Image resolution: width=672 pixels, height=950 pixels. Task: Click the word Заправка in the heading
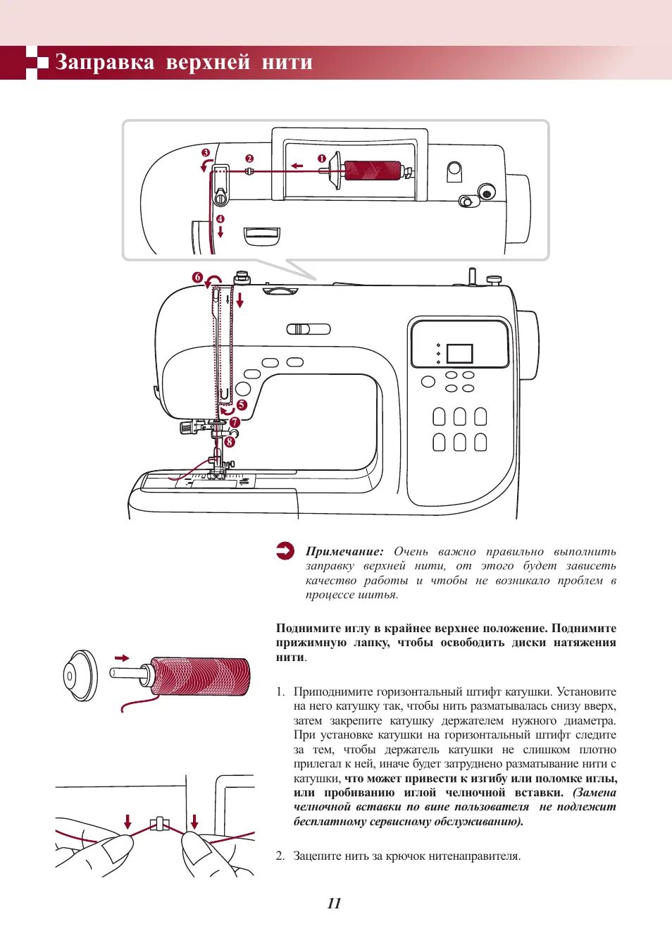click(x=104, y=63)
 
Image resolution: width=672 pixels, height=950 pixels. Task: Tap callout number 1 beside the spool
click(x=321, y=159)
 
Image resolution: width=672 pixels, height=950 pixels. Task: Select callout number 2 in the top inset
click(x=249, y=159)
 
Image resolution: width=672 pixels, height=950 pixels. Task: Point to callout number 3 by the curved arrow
click(x=206, y=153)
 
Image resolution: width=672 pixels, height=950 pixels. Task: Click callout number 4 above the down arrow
click(x=220, y=219)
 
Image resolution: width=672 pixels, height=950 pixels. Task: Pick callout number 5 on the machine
click(x=242, y=405)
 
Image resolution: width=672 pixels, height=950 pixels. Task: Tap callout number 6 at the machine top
click(x=198, y=278)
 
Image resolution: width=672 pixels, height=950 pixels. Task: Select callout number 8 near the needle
click(x=230, y=443)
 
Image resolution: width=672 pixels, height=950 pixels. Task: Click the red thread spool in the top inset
click(x=372, y=171)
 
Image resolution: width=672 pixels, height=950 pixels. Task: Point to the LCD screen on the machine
click(x=459, y=354)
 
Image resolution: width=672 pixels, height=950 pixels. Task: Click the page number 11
click(x=335, y=903)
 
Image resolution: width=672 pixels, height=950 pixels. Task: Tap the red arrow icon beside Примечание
click(x=285, y=551)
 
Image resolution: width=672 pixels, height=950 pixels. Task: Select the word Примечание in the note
click(x=344, y=552)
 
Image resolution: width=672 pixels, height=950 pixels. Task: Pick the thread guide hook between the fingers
click(x=159, y=823)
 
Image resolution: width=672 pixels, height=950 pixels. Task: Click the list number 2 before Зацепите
click(x=280, y=856)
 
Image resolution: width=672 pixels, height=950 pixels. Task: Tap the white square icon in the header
click(x=42, y=63)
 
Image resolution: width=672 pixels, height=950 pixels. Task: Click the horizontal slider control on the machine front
click(x=308, y=329)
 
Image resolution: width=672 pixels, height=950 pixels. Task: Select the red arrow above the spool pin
click(x=122, y=658)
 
